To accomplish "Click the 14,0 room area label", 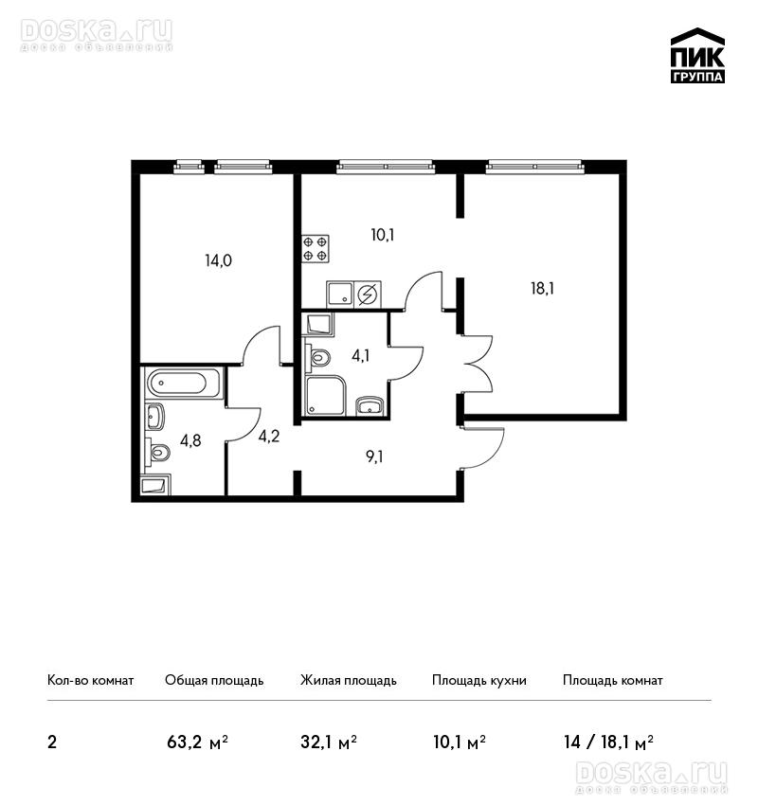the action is (218, 260).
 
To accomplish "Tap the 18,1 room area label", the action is (542, 289).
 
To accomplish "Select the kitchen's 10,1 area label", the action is (383, 235).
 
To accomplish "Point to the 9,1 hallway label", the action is (374, 456).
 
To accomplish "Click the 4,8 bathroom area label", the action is (190, 440).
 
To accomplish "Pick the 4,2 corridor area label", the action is (268, 437).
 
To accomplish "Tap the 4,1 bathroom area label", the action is (360, 355).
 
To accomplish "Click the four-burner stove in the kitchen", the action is (315, 248).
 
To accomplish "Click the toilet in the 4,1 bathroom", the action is (316, 357).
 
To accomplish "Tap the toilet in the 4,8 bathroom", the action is (157, 453).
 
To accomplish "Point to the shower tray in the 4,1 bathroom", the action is (326, 395).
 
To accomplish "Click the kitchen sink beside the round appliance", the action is (340, 294).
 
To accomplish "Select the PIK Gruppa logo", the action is (697, 56).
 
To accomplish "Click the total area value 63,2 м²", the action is (198, 742).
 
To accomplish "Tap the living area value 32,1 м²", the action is (329, 742).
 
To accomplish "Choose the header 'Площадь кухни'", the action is (479, 680).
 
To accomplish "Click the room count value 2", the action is (52, 742).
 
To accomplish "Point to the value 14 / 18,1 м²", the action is (608, 742).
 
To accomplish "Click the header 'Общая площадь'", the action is (214, 680).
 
